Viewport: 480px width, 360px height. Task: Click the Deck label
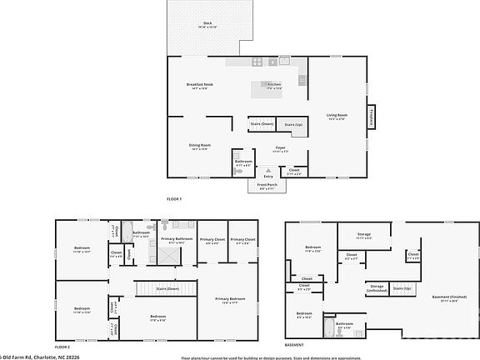pos(207,25)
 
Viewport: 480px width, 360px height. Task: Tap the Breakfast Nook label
pos(202,85)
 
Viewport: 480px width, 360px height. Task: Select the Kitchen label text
pos(274,85)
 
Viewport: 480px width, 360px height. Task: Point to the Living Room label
pos(337,116)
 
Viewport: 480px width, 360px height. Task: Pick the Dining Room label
pos(200,147)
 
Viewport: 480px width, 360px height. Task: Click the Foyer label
pos(282,149)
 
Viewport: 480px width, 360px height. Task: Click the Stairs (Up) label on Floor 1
pos(293,124)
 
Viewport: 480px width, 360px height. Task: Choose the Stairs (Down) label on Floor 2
pos(167,288)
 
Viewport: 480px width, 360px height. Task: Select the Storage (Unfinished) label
pos(377,288)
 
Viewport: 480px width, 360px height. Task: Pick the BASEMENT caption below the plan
pos(294,345)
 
